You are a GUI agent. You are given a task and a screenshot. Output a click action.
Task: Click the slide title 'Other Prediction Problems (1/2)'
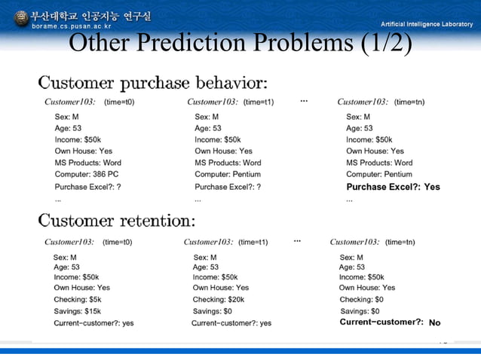(240, 44)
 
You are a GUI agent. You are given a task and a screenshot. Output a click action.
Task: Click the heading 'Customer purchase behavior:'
(152, 81)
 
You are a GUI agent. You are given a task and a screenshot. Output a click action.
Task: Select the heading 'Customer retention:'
(116, 221)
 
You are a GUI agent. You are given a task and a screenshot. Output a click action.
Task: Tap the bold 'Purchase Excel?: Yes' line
(393, 187)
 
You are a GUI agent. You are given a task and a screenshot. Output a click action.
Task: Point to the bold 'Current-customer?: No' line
(390, 322)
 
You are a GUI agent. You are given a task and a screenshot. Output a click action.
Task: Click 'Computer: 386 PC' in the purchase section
(87, 175)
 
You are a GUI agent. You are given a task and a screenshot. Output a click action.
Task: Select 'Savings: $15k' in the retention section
(77, 311)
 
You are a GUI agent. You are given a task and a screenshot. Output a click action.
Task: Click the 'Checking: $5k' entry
(77, 300)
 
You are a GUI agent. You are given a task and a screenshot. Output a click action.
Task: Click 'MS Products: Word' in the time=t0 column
(87, 163)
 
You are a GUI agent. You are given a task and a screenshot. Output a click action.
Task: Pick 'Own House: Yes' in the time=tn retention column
(366, 288)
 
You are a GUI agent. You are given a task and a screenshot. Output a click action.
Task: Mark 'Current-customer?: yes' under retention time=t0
(93, 323)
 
